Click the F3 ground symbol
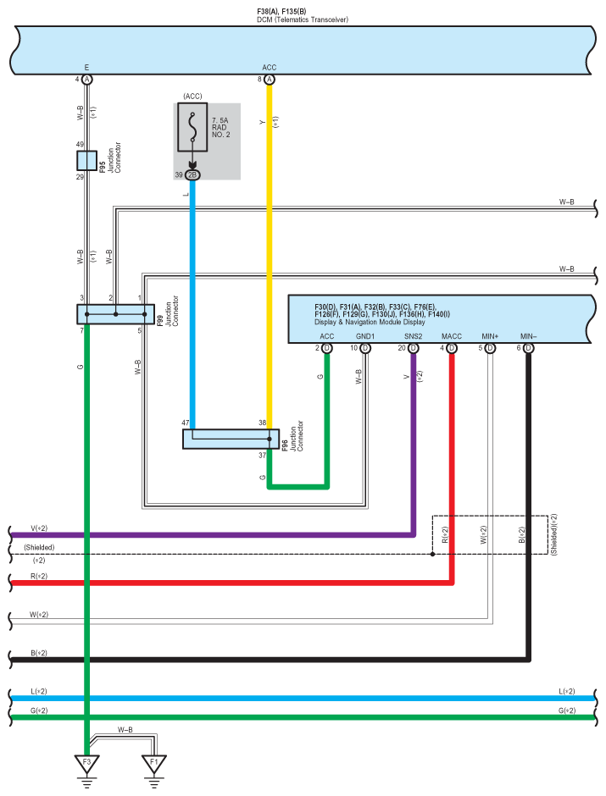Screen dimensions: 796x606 click(86, 763)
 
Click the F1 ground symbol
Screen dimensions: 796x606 click(153, 763)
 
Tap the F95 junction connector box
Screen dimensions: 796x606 click(86, 161)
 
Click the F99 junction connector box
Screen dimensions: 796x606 click(115, 314)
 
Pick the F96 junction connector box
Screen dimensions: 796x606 click(231, 439)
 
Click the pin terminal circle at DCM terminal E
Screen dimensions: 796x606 click(86, 79)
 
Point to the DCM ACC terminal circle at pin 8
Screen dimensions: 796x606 click(270, 79)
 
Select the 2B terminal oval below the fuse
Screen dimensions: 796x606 click(192, 174)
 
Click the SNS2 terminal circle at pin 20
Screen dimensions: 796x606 click(414, 348)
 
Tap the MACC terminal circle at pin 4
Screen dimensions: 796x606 click(452, 348)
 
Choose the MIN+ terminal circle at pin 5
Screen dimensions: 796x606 click(490, 348)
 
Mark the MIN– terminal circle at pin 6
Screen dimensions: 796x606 click(528, 348)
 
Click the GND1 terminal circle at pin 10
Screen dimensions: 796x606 click(365, 348)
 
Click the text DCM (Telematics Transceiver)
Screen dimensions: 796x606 click(303, 19)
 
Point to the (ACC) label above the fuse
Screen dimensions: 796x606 click(192, 96)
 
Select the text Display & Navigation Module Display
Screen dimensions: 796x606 click(370, 323)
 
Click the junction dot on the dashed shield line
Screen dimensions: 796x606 click(433, 555)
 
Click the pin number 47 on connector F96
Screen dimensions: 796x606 click(186, 422)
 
